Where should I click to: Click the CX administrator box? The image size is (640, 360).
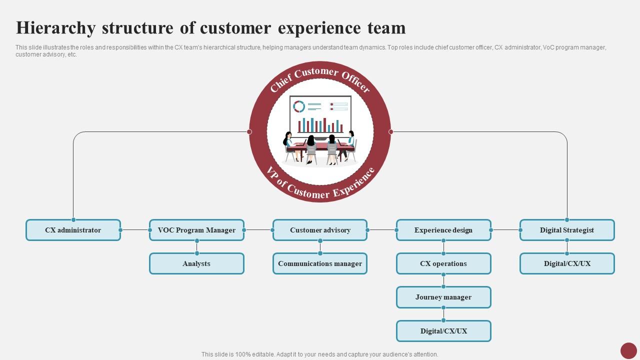[73, 230]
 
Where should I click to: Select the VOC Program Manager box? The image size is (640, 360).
[196, 230]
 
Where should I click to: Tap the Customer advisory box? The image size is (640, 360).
[320, 230]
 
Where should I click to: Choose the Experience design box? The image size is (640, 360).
[443, 230]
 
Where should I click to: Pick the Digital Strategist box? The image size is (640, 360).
[567, 230]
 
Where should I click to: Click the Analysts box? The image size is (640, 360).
[196, 263]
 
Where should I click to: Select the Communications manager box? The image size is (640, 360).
[320, 263]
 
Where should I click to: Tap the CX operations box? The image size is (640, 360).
[443, 263]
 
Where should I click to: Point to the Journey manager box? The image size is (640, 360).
[443, 297]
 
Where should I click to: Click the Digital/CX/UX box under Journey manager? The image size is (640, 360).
[443, 331]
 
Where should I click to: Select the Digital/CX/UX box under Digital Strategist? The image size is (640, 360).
[567, 263]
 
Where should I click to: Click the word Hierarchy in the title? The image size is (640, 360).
[55, 28]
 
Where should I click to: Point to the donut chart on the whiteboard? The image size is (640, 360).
[299, 106]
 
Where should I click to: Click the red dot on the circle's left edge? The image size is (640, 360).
[249, 132]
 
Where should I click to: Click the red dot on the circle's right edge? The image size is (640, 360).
[391, 132]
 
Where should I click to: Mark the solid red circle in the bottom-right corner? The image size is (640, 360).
[628, 350]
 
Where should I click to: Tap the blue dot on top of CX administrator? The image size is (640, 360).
[73, 220]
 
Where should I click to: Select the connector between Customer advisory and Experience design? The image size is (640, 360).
[382, 230]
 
